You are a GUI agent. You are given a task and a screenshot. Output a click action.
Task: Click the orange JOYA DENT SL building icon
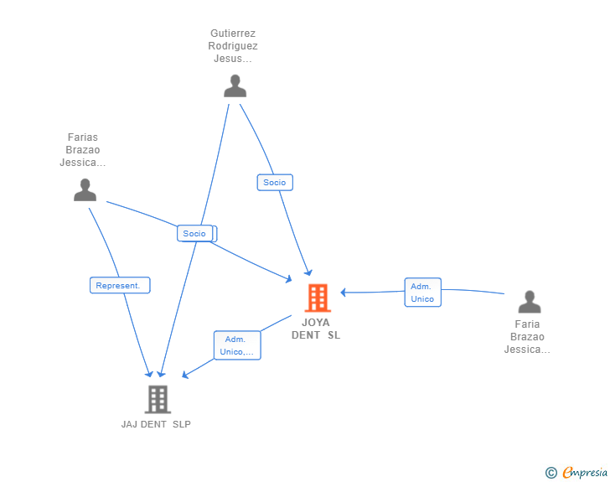point(318,298)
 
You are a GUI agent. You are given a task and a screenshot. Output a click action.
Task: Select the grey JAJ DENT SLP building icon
point(158,399)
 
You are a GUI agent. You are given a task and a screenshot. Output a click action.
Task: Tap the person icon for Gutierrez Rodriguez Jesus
point(235,86)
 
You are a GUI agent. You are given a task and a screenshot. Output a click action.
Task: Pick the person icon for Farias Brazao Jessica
point(85,189)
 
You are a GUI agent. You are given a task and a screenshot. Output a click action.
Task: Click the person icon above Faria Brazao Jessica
point(530,302)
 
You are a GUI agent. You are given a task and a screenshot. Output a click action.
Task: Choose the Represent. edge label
point(120,285)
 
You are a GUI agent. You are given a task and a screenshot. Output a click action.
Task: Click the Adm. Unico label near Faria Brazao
point(423,293)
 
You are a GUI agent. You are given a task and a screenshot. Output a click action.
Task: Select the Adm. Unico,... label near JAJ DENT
point(237,345)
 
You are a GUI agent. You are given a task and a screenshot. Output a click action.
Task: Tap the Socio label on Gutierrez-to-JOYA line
point(275,182)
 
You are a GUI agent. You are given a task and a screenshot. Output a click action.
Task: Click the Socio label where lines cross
point(195,233)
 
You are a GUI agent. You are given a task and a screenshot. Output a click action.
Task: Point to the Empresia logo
point(585,473)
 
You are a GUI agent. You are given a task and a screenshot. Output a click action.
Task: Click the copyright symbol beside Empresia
point(551,473)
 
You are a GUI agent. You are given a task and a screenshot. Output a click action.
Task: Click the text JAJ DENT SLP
point(156,424)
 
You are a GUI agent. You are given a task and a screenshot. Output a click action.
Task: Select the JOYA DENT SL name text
point(316,329)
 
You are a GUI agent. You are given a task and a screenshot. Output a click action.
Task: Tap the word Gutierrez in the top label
point(233,33)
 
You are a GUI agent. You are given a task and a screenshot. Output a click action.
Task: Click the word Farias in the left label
point(83,137)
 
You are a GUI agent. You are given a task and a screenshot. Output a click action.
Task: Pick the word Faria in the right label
point(527,324)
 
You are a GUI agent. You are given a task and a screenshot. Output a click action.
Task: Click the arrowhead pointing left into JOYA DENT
point(344,293)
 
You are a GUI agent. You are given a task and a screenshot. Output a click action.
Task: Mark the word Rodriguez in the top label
point(233,46)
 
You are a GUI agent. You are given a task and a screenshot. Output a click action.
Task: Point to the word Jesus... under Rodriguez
point(233,59)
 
